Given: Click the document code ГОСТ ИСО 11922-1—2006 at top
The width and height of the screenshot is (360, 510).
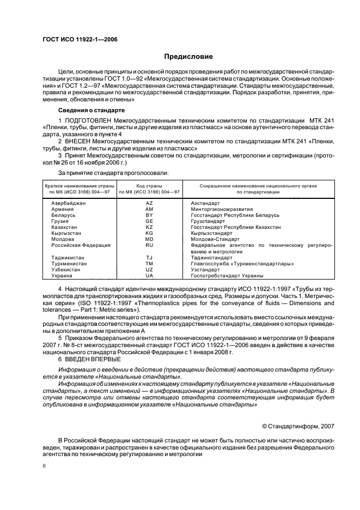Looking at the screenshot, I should pos(80,39).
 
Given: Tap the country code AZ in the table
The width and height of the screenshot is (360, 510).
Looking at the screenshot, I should pos(149,203).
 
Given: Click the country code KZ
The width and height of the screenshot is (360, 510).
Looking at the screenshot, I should pos(149,227).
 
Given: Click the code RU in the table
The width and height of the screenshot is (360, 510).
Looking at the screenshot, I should pos(149,245).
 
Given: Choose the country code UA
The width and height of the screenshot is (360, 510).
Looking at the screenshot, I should pos(149,276).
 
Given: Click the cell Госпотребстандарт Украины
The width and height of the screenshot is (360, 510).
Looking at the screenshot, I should pos(227,276).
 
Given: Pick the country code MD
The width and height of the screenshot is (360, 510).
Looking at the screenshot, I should pos(149,239).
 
